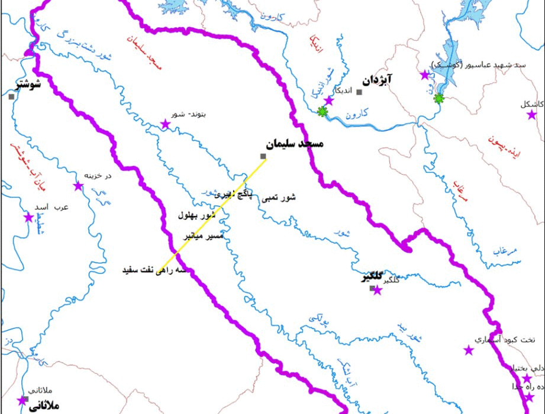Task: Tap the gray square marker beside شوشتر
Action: coord(11,96)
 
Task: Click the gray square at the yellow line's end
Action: coord(263,156)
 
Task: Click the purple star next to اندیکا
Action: coord(329,101)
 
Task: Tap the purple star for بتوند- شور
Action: coord(165,124)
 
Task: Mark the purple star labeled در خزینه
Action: coord(78,186)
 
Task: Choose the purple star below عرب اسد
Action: coord(28,217)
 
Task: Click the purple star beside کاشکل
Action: coord(531,115)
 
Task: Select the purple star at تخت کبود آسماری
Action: coord(469,350)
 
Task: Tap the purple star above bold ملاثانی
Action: coord(22,400)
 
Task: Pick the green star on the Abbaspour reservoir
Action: coord(438,98)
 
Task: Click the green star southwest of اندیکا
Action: coord(322,111)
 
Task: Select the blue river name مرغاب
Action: coord(506,251)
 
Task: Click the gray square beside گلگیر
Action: coord(372,289)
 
